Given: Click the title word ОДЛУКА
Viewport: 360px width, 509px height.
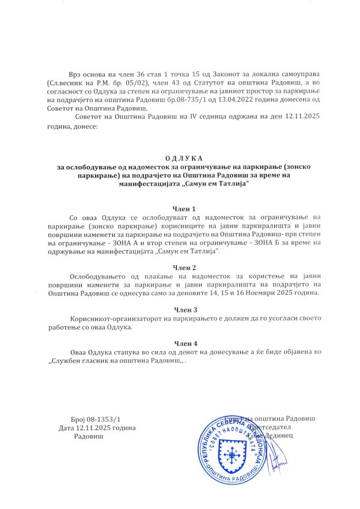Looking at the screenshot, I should pos(180,158).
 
